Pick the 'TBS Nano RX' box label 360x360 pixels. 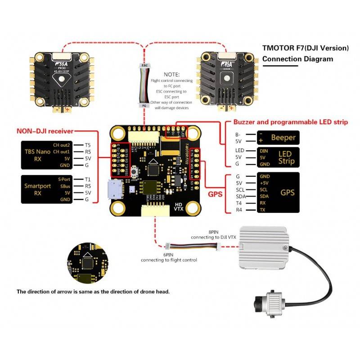(37, 155)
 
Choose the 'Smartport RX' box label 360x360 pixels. (36, 189)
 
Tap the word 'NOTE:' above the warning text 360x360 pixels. (171, 74)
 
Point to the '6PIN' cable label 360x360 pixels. (168, 255)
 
